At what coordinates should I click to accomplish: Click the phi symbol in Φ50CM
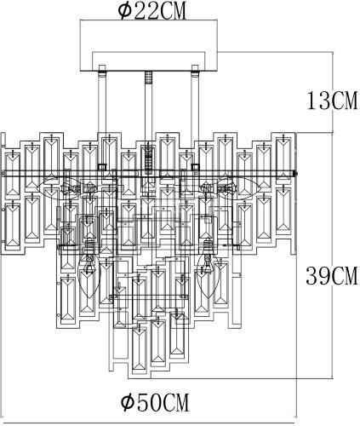click(126, 400)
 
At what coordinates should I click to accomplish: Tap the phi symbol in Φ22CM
click(123, 11)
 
